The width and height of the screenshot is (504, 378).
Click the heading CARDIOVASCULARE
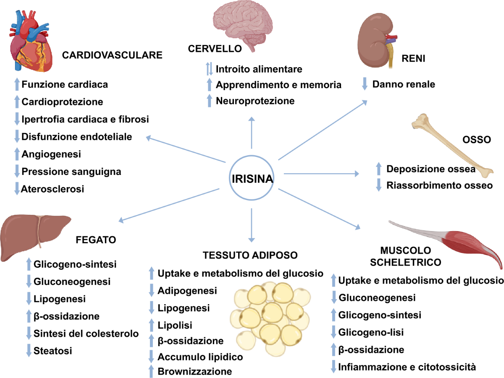(112, 55)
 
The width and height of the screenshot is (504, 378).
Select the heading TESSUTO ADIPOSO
(250, 255)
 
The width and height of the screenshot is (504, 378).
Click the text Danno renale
(404, 84)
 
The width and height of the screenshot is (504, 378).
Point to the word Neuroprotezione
(255, 101)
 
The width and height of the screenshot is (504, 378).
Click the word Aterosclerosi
(53, 189)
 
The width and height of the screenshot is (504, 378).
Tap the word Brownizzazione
(194, 371)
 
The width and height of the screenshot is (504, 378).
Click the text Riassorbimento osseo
(440, 185)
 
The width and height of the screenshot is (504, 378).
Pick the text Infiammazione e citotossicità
(407, 368)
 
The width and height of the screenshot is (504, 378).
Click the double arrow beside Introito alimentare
(210, 69)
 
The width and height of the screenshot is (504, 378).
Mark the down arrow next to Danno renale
(365, 84)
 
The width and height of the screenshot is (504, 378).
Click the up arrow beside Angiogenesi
(17, 154)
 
